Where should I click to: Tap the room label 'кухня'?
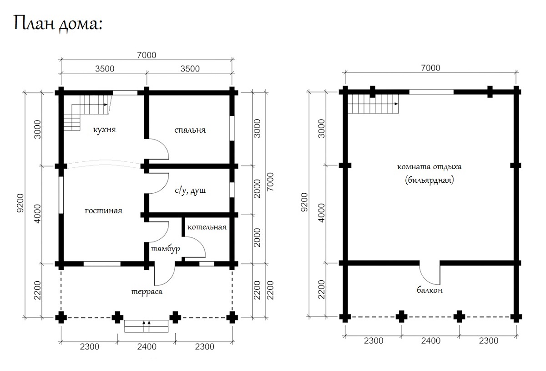click(x=105, y=130)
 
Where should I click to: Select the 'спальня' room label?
click(x=190, y=130)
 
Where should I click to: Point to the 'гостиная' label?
click(x=104, y=211)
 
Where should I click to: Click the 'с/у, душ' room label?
click(x=190, y=191)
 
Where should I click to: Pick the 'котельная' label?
click(x=207, y=227)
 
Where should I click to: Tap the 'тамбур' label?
click(x=166, y=249)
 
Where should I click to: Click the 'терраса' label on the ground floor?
click(x=147, y=292)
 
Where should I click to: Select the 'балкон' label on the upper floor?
click(x=430, y=290)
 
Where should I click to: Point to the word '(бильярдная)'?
click(x=430, y=180)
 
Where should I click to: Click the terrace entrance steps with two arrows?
click(x=146, y=326)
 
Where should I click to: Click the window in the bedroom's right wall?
click(x=232, y=128)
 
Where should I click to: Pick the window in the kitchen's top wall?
click(x=125, y=93)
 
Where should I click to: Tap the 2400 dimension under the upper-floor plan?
click(x=431, y=341)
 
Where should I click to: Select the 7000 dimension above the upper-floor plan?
click(x=431, y=67)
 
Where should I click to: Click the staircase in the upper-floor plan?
click(x=373, y=104)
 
